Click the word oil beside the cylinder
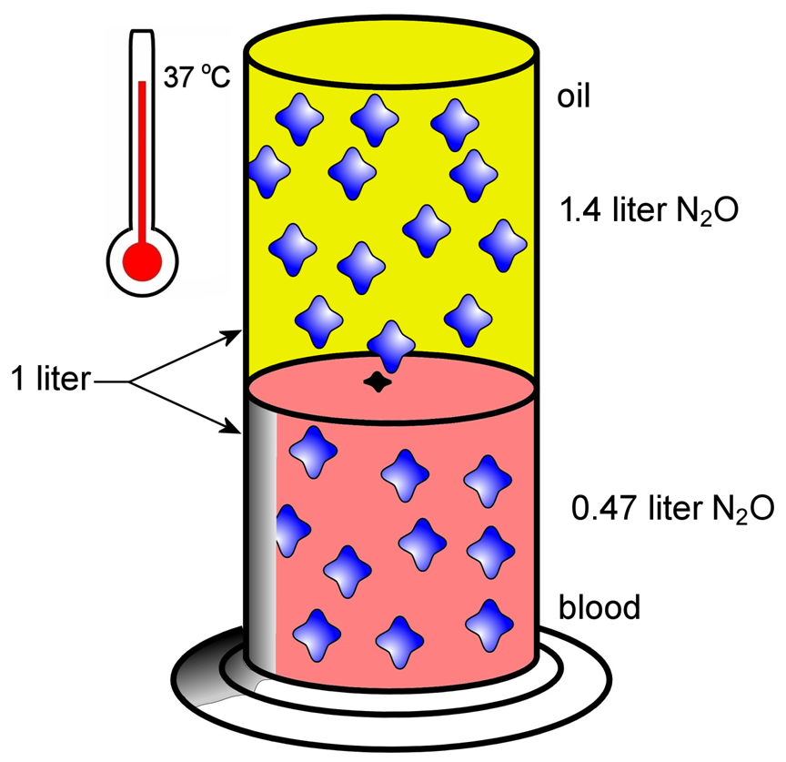(x=574, y=97)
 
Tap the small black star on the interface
(x=376, y=383)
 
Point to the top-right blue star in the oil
(x=456, y=122)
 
